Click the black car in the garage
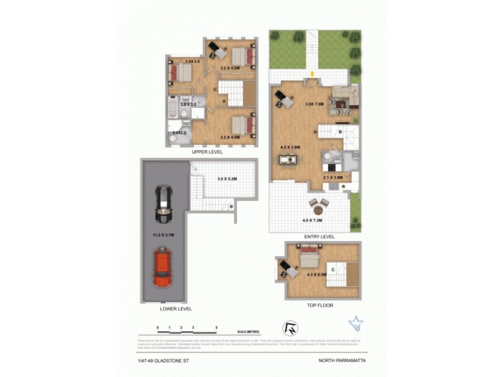coord(163,204)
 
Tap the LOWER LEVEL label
coord(176,309)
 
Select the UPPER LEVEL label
coord(207,152)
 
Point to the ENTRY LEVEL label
coord(319,237)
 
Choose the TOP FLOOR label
coord(319,305)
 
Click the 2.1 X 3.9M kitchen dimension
coord(333,178)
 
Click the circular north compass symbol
coord(291,328)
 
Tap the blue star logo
coord(356,324)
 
